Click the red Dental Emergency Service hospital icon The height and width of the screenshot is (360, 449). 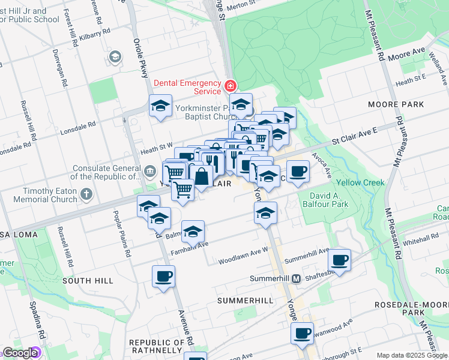pyautogui.click(x=231, y=86)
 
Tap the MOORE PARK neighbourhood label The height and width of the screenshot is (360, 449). pyautogui.click(x=396, y=104)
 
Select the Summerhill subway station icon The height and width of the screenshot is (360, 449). pyautogui.click(x=296, y=279)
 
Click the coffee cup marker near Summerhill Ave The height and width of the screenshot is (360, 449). pyautogui.click(x=340, y=260)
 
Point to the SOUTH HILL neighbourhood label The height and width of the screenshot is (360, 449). pyautogui.click(x=87, y=281)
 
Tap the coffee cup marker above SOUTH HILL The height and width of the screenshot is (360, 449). pyautogui.click(x=163, y=277)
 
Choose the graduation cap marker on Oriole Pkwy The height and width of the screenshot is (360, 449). pyautogui.click(x=160, y=106)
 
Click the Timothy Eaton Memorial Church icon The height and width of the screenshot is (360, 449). pyautogui.click(x=87, y=194)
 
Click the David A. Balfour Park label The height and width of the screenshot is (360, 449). pyautogui.click(x=328, y=200)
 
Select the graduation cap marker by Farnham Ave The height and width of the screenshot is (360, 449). pyautogui.click(x=193, y=230)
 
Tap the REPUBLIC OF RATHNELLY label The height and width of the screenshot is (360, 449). pyautogui.click(x=156, y=346)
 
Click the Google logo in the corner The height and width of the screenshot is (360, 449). pyautogui.click(x=20, y=353)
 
